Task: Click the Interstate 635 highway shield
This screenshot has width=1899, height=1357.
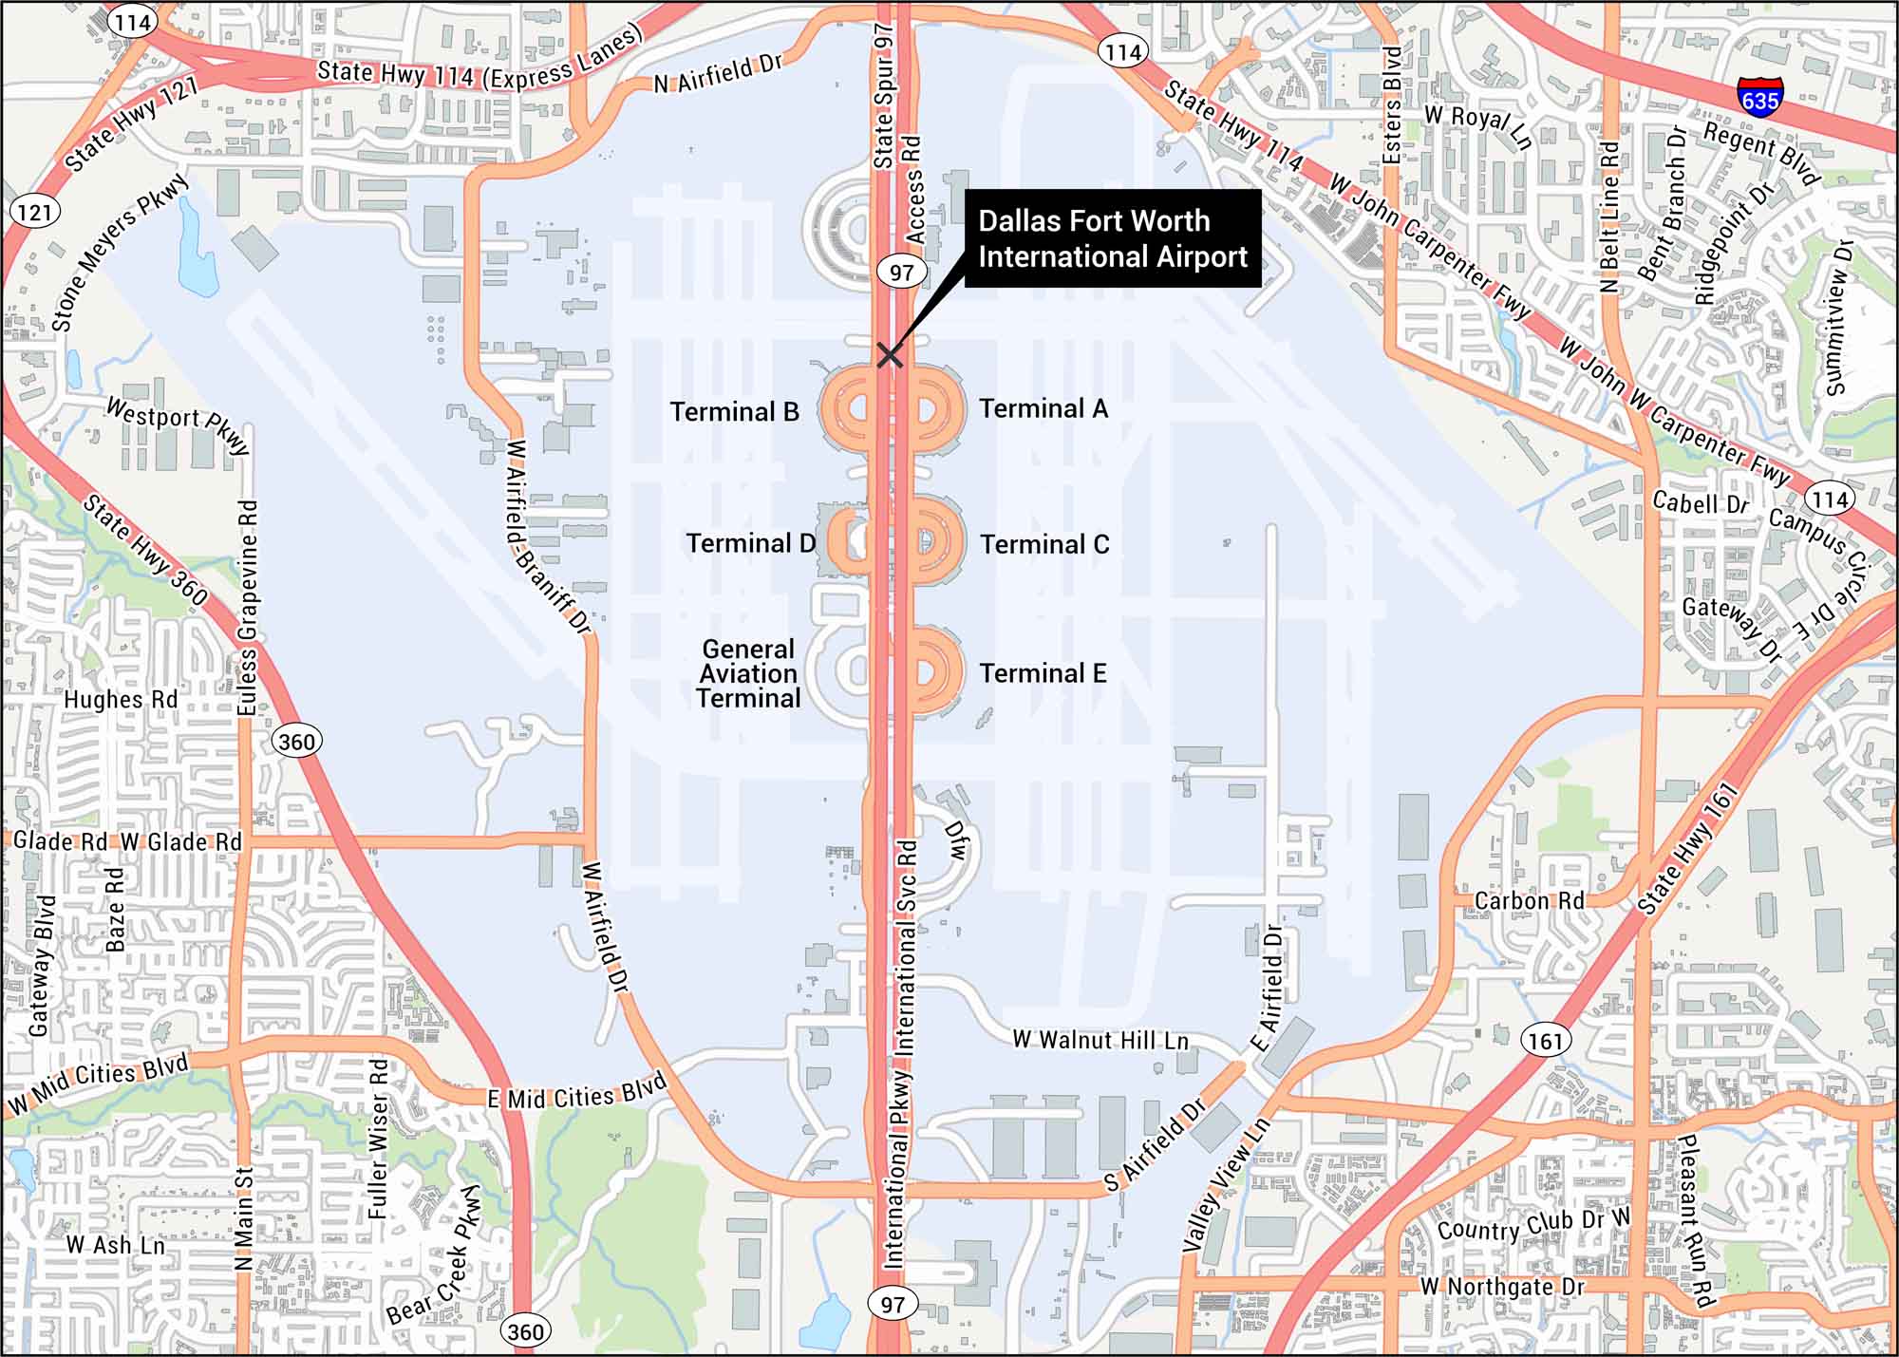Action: (1759, 97)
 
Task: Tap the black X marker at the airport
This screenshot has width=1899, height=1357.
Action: (889, 355)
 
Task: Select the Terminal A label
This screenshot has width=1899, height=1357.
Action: (1044, 408)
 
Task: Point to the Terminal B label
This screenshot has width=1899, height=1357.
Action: (734, 411)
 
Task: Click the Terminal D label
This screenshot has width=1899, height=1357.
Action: (750, 543)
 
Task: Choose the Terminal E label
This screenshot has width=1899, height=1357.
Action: (1043, 673)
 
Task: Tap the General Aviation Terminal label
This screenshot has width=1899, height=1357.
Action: (748, 674)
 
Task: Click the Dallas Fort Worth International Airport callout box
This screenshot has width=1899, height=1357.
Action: (1113, 238)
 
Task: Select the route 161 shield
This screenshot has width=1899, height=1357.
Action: (1545, 1041)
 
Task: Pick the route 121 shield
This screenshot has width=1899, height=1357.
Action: (34, 211)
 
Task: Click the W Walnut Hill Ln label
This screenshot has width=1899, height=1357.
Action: (1100, 1040)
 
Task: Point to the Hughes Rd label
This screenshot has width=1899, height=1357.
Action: (121, 700)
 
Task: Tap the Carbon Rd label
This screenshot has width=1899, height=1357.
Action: (1529, 900)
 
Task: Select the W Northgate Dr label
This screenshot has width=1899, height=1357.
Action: (1502, 1287)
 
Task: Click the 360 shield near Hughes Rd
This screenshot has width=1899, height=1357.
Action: (296, 741)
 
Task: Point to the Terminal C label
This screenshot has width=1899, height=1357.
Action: (1044, 544)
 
